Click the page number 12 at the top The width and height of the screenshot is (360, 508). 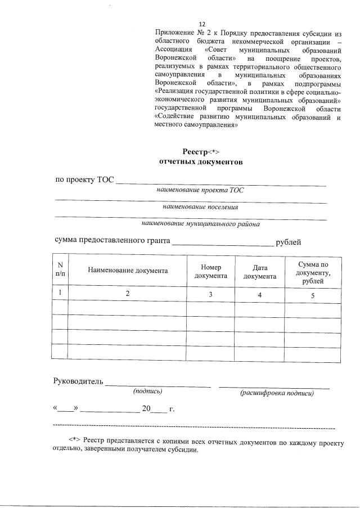click(202, 24)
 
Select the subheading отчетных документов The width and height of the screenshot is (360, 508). click(193, 162)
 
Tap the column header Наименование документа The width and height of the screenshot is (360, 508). click(127, 271)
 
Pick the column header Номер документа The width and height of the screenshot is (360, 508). click(211, 271)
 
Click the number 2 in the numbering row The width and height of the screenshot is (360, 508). click(127, 294)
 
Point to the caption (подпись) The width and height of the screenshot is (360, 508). click(147, 391)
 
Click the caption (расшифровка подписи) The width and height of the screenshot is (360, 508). click(276, 393)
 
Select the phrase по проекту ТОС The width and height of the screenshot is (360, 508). click(84, 180)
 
